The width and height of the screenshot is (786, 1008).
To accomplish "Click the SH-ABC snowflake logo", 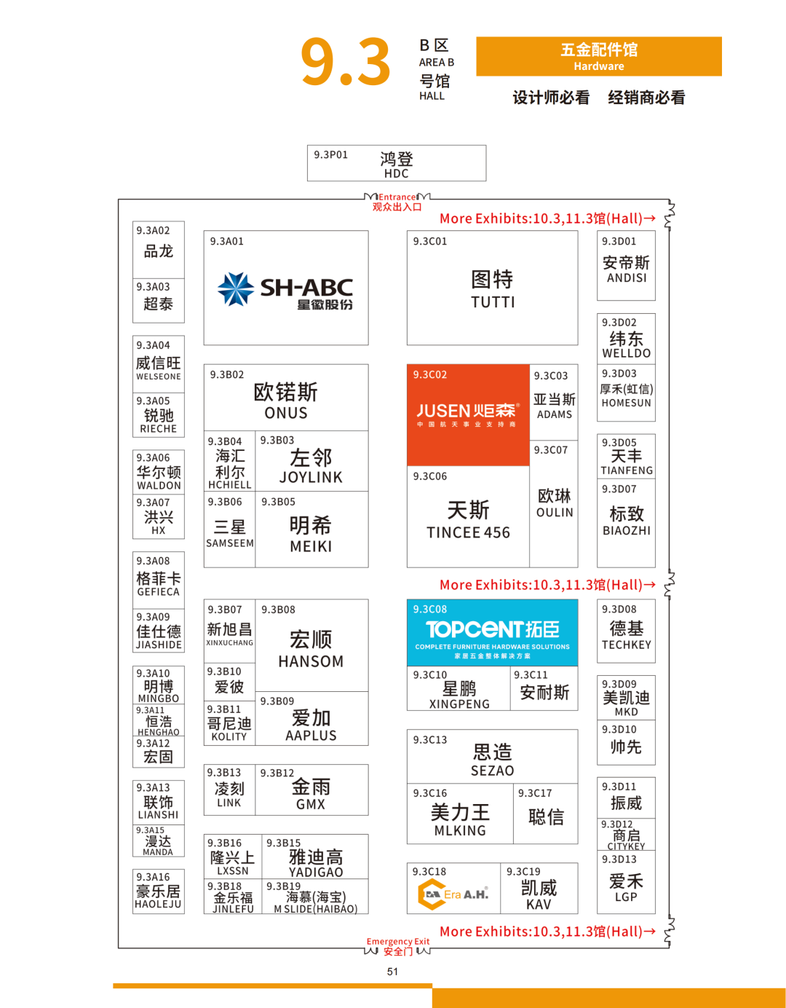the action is (236, 289).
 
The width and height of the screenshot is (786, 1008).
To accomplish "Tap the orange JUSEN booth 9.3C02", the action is (467, 414).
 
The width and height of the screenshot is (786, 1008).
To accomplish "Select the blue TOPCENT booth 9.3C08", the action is (492, 632).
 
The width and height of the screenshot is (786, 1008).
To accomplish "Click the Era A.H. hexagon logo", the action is (431, 894).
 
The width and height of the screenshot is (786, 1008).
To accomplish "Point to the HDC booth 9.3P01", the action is (397, 163).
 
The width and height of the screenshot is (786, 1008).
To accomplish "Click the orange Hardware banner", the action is (599, 57).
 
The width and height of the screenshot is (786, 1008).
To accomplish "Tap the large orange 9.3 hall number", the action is (346, 63).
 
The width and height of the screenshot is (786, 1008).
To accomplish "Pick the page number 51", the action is (393, 972).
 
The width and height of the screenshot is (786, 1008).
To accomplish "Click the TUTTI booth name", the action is (493, 302).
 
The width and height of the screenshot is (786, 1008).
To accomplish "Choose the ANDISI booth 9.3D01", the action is (626, 267).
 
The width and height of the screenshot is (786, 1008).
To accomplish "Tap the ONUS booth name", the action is (286, 413).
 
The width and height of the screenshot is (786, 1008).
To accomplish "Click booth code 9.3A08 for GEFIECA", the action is (153, 561).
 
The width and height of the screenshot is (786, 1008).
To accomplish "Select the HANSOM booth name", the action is (311, 661).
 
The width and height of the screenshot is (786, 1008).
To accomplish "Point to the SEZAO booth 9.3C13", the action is (492, 757).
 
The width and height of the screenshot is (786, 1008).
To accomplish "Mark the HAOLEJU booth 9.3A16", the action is (158, 891).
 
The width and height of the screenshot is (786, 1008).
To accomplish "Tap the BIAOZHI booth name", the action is (627, 531).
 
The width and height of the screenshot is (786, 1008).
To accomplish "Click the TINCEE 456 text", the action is (468, 533).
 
